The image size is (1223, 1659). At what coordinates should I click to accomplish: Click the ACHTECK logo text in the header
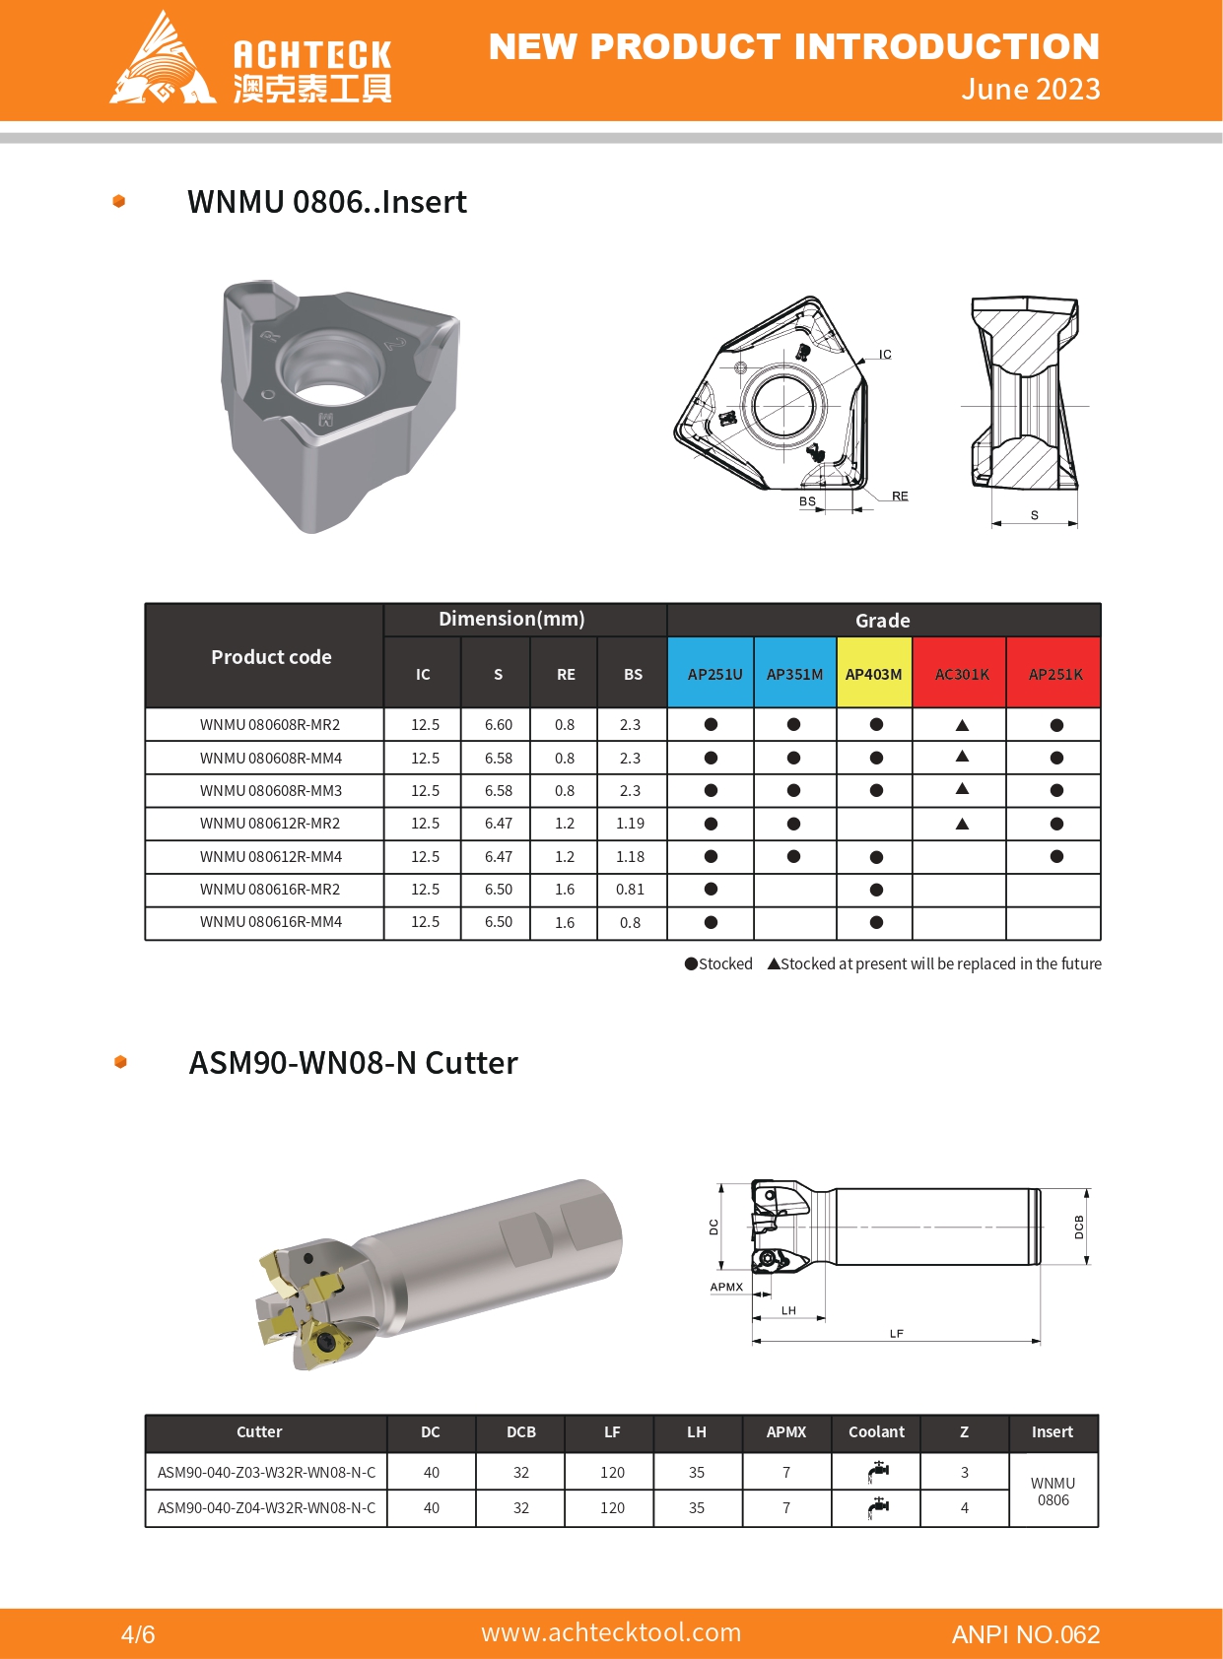[311, 55]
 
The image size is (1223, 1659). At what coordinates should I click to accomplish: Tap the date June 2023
[1030, 90]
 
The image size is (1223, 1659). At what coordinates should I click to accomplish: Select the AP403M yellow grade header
[873, 674]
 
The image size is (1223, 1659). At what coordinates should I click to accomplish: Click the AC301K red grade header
[961, 674]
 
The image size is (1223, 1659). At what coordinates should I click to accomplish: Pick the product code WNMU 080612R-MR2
[269, 824]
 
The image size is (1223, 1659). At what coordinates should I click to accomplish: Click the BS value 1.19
[630, 824]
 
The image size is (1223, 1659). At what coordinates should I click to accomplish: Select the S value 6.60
[498, 725]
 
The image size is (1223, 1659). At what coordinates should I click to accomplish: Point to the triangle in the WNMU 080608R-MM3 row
[962, 789]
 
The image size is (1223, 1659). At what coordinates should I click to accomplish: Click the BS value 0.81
[630, 890]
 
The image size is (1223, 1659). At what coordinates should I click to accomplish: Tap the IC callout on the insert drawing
[885, 354]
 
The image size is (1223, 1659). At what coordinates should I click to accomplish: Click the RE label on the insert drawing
[900, 496]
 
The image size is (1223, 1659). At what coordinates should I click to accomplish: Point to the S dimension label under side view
[1034, 515]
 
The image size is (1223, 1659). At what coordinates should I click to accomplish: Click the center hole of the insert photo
[329, 378]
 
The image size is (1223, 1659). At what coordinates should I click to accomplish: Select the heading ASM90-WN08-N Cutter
[353, 1063]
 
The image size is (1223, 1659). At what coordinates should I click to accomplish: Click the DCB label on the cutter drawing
[1079, 1228]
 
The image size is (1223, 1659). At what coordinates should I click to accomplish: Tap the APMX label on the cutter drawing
[726, 1287]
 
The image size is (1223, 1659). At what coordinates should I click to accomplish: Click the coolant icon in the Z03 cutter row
[877, 1472]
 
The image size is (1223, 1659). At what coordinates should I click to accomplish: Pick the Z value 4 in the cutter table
[964, 1508]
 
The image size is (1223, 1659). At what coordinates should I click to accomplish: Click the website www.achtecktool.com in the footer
[611, 1632]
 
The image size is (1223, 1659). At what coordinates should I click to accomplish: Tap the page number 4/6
[138, 1634]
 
